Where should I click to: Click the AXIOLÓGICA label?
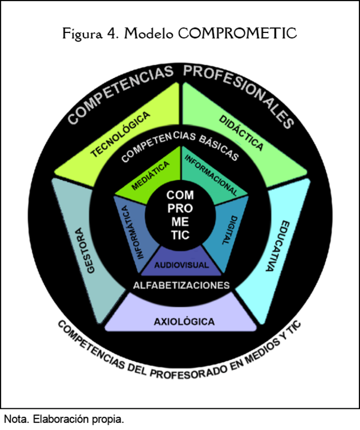[184, 322]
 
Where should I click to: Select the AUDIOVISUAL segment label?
[181, 265]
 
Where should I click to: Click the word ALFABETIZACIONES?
[181, 285]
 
